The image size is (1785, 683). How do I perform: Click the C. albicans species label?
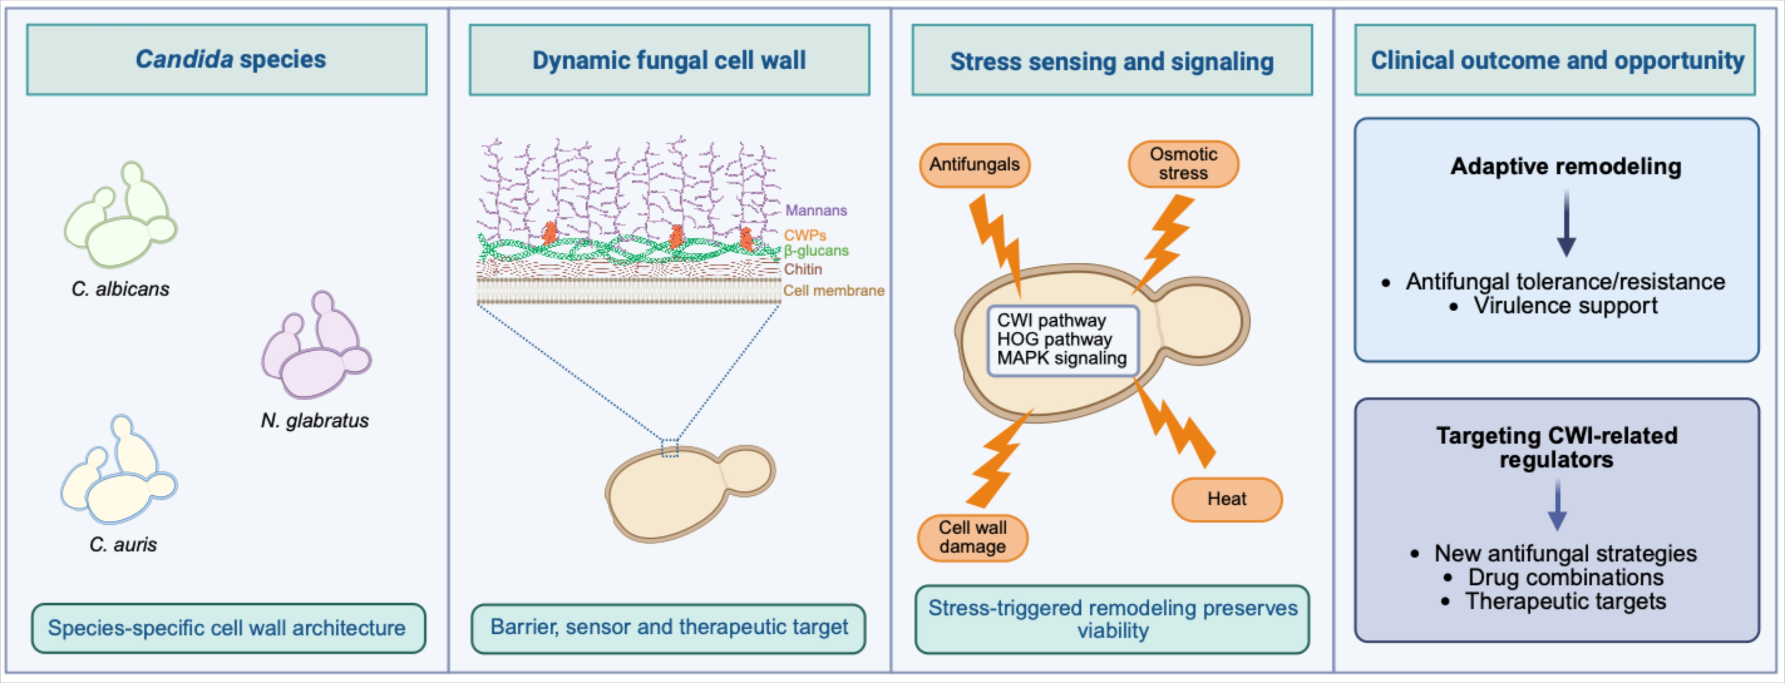120,289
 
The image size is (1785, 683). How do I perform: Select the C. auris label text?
123,545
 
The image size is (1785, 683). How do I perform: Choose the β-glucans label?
816,251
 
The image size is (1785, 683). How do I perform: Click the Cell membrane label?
834,291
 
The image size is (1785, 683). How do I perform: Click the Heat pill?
1227,499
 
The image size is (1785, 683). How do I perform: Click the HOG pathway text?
1054,339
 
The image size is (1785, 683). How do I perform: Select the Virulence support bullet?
1565,306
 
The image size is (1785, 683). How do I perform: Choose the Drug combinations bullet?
1565,578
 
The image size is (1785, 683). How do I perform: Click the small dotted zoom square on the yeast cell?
670,448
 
